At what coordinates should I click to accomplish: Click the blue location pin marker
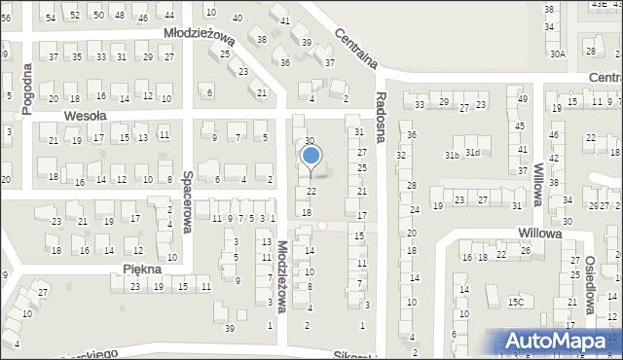[311, 156]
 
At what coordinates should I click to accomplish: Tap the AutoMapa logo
[559, 341]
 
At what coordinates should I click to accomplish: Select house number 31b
[453, 155]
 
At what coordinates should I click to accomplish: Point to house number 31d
[472, 152]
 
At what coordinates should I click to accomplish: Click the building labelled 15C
[516, 303]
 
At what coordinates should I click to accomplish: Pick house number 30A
[557, 54]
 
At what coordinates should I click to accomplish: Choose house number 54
[51, 17]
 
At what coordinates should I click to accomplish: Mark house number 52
[74, 16]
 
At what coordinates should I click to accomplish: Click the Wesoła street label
[84, 115]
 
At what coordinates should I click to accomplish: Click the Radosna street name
[383, 113]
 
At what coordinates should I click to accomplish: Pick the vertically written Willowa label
[537, 179]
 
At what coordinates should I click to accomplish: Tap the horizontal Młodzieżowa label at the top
[200, 35]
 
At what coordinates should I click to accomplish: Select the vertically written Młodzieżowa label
[281, 276]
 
